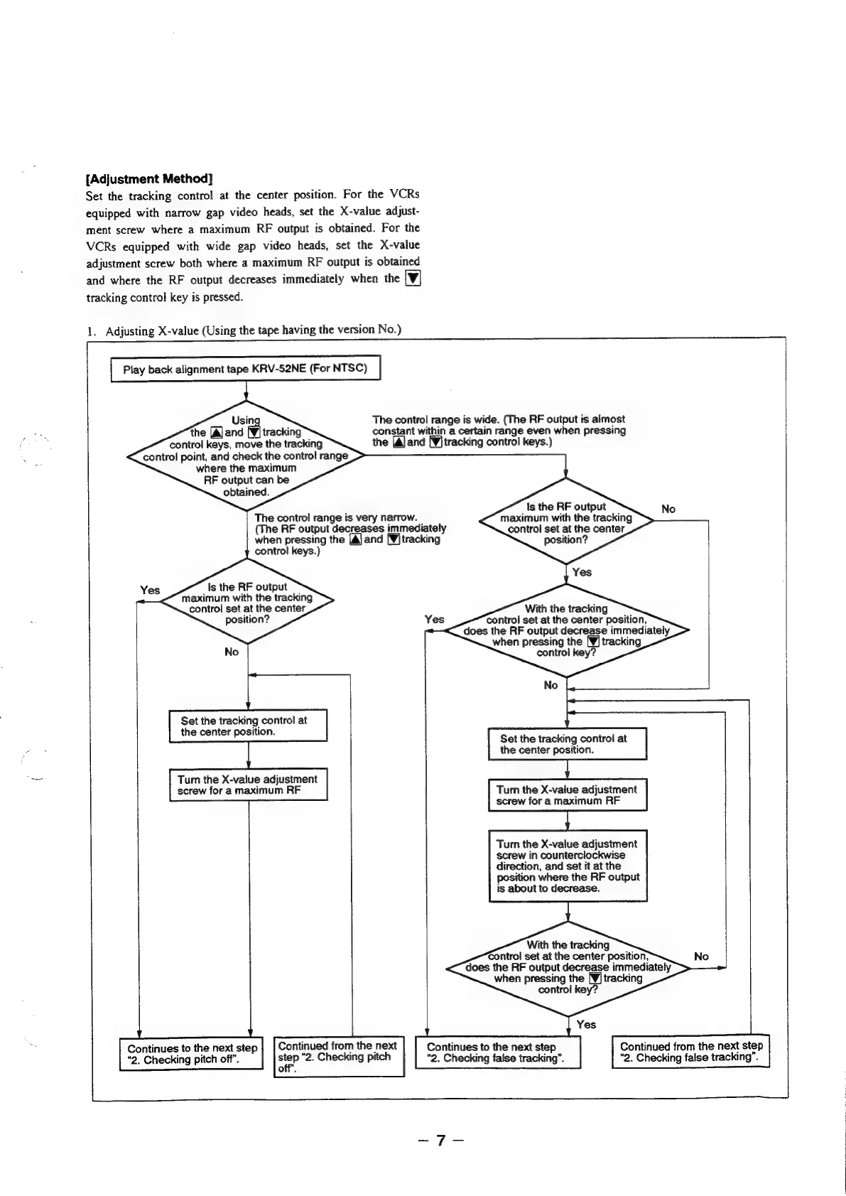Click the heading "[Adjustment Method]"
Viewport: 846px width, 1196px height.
pos(149,178)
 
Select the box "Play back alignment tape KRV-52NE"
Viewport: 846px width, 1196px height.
pos(246,370)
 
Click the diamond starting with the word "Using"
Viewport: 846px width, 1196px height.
pos(245,456)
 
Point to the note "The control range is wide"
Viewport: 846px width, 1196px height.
pos(499,431)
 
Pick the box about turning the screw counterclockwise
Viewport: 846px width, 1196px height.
pos(568,866)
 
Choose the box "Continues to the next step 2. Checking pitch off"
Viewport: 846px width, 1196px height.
pos(192,1054)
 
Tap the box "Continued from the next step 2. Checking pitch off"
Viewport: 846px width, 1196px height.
pos(338,1056)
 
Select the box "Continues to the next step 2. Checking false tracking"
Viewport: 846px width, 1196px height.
pos(498,1052)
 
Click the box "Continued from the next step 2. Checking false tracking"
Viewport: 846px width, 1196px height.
pos(690,1052)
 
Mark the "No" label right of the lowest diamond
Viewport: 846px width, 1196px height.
pos(701,957)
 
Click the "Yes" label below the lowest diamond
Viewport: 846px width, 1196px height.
pos(586,1024)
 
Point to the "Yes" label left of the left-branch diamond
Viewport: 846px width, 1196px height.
pos(150,591)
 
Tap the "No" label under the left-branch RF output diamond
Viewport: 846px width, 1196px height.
pos(232,652)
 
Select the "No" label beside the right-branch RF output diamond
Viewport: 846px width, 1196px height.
pos(668,509)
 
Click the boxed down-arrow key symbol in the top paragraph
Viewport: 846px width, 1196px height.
pos(412,279)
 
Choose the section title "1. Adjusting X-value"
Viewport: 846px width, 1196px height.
pos(244,330)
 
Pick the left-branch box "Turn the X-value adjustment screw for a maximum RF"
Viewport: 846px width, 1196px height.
pos(248,785)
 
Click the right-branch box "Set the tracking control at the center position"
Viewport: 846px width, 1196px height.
pos(568,744)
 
